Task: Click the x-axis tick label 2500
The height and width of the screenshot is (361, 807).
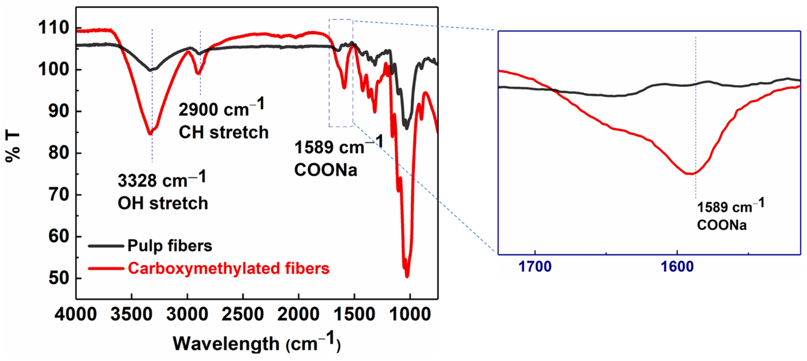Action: coord(243,314)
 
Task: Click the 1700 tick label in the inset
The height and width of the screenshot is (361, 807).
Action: coord(535,267)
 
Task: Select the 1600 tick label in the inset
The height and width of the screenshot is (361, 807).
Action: coord(677,267)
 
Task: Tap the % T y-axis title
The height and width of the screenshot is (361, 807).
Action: coord(13,147)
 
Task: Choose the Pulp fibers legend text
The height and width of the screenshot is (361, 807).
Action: coord(170,246)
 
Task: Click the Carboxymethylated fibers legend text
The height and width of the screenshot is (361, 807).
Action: coord(229,269)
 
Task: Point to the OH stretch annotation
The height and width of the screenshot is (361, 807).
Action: coord(163,203)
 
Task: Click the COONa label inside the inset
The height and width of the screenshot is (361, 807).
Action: coord(722,225)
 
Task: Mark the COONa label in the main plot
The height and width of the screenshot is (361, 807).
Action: coord(325,170)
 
